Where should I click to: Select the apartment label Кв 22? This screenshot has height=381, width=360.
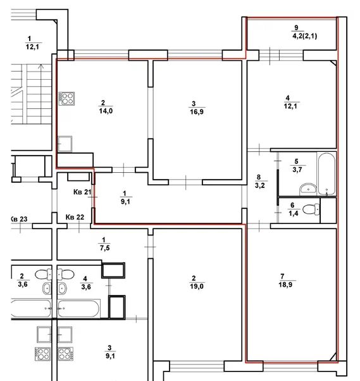pyautogui.click(x=75, y=218)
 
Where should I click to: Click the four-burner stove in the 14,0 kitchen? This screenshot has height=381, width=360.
pyautogui.click(x=66, y=98)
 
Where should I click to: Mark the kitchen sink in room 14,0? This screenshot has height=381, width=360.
pyautogui.click(x=65, y=144)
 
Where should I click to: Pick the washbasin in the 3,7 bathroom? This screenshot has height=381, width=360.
pyautogui.click(x=308, y=189)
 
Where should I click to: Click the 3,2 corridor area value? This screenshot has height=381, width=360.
pyautogui.click(x=258, y=186)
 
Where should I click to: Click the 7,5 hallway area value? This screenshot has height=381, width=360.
pyautogui.click(x=102, y=247)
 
